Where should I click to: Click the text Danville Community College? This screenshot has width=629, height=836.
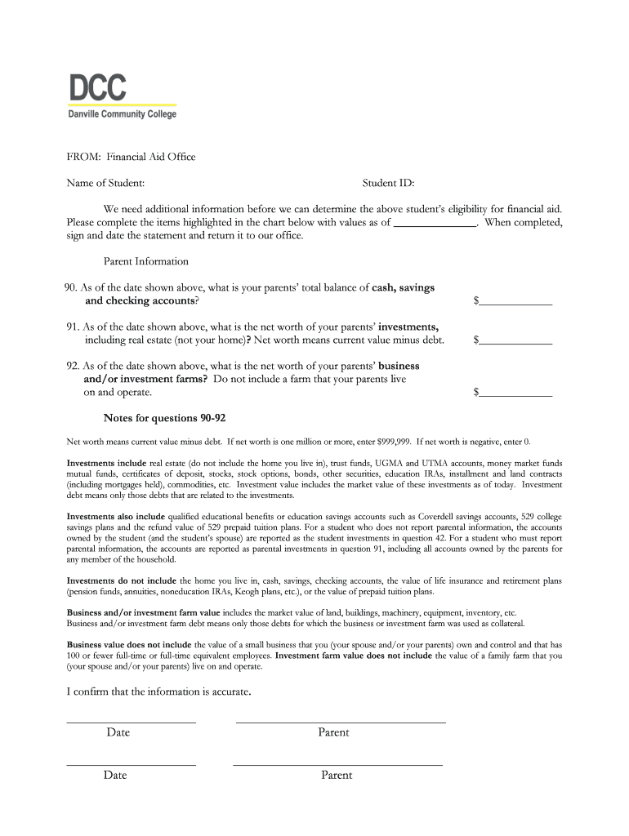coord(122,114)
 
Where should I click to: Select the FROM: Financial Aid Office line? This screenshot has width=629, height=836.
coord(131,157)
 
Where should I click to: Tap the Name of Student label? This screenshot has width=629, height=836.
coord(105,183)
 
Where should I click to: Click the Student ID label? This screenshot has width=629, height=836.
coord(388,183)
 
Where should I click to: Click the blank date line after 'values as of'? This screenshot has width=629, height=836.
coord(435,222)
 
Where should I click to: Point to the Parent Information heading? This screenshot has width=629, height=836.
coord(145,261)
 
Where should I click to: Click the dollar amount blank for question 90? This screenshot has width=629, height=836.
coord(515,301)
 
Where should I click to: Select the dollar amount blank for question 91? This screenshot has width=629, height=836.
coord(515,340)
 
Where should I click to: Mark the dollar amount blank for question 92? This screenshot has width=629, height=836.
coord(515,393)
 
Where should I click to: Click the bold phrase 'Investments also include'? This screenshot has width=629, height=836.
coord(115,517)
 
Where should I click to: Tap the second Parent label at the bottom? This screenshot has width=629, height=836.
coord(337,776)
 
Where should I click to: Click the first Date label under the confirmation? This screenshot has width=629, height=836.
coord(118,732)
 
